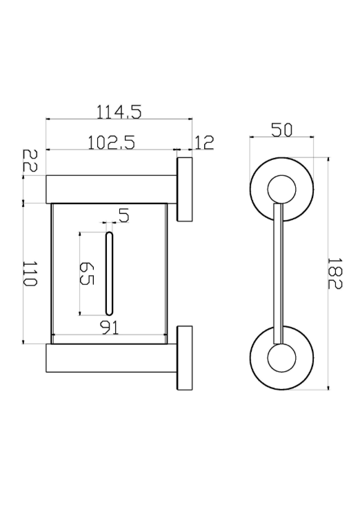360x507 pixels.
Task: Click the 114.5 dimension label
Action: (119, 112)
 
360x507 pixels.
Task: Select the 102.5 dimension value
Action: (112, 143)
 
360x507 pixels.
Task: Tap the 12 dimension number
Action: (203, 143)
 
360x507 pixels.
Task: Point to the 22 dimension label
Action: (30, 161)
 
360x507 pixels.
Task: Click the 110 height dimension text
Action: (30, 274)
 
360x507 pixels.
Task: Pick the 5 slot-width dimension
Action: (123, 215)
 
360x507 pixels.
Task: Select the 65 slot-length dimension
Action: (86, 274)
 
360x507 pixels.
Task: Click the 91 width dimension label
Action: (110, 328)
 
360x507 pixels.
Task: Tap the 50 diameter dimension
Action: (281, 130)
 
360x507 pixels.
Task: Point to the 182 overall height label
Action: (334, 274)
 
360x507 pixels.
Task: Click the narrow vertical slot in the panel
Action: (109, 274)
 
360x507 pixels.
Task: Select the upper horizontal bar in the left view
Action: (111, 190)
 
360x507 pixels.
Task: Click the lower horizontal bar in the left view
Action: (111, 358)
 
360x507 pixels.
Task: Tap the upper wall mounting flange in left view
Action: (185, 190)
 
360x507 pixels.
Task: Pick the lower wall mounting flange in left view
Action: (185, 358)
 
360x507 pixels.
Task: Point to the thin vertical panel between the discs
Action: (278, 274)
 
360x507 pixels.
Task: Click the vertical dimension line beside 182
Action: (328, 274)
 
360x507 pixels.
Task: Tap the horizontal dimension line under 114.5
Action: (119, 119)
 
